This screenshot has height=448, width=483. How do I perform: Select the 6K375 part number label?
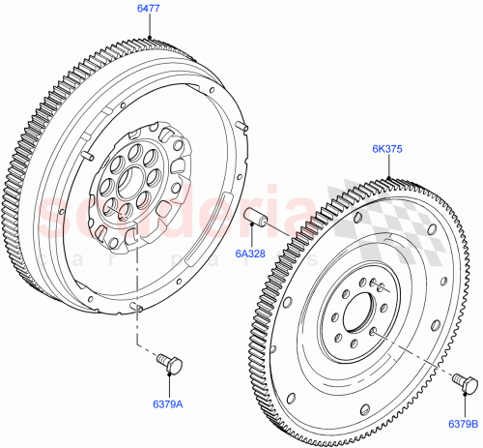[x=387, y=149]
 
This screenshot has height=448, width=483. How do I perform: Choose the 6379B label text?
[x=462, y=422]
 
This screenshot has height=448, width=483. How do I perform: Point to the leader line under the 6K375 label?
[x=387, y=166]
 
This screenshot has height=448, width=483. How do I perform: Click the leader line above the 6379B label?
[x=464, y=405]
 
